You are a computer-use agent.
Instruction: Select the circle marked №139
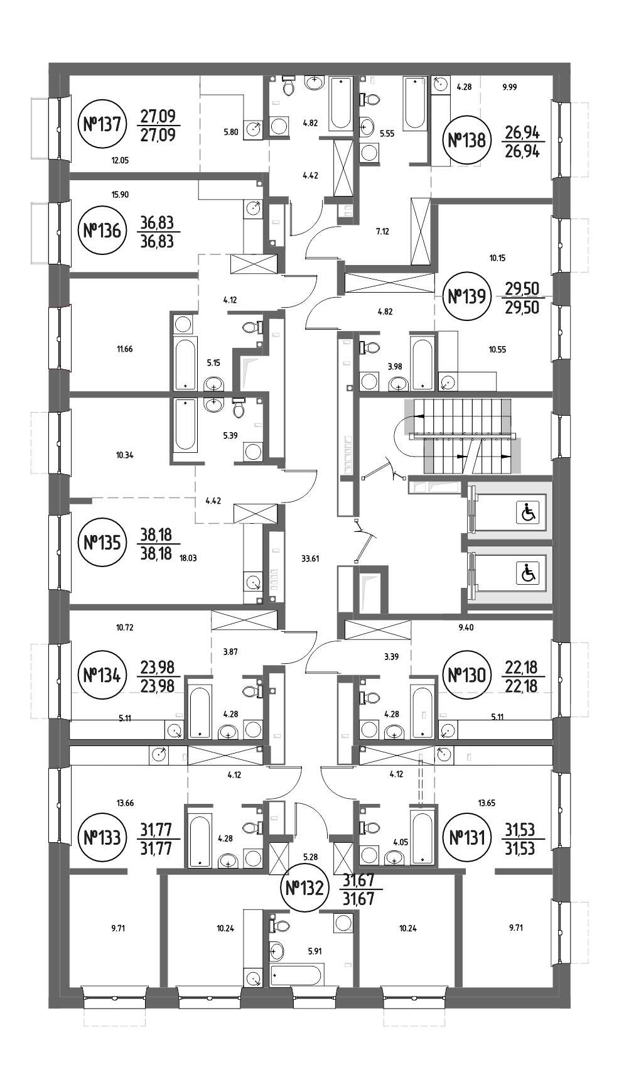pos(465,296)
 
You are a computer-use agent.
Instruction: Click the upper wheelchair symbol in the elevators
pos(527,514)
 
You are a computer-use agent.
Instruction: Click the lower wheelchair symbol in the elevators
pos(527,573)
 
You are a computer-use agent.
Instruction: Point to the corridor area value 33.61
pos(311,558)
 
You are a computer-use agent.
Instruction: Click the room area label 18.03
pos(187,556)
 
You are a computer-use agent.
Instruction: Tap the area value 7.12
pos(382,231)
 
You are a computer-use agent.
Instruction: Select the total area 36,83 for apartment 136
pos(157,232)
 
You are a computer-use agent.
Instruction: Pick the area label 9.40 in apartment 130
pos(466,627)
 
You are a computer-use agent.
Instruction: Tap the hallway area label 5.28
pos(310,856)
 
